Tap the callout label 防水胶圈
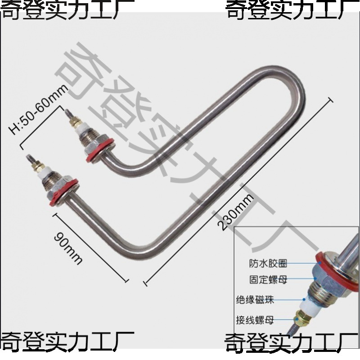(x=268, y=263)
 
